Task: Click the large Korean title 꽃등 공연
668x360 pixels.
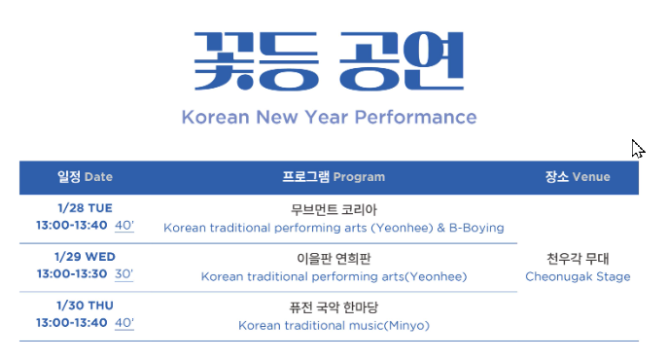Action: click(x=329, y=61)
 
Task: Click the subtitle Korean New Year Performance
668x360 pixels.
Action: click(x=329, y=118)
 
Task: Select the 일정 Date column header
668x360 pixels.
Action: click(x=85, y=177)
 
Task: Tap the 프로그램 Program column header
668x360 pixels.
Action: click(x=334, y=177)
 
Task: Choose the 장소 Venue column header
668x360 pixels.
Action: click(x=578, y=177)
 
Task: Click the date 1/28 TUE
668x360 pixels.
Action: click(x=85, y=208)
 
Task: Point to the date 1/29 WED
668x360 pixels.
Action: click(x=85, y=257)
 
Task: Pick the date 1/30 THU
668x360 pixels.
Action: click(x=85, y=306)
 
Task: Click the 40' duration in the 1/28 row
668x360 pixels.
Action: click(x=124, y=226)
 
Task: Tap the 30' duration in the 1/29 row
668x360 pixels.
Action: click(x=124, y=274)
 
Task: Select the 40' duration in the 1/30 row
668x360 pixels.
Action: click(x=124, y=323)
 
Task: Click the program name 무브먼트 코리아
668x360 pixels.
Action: click(x=334, y=209)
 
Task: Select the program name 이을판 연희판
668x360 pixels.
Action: click(x=334, y=258)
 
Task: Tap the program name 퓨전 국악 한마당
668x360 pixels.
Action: click(x=334, y=306)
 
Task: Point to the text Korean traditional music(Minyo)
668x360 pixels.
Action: click(x=334, y=325)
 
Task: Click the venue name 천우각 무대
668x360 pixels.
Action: click(x=578, y=258)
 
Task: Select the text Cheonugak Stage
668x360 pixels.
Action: click(x=578, y=276)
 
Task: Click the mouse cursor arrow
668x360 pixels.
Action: click(x=636, y=147)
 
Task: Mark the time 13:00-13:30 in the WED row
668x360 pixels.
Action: click(x=71, y=274)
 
